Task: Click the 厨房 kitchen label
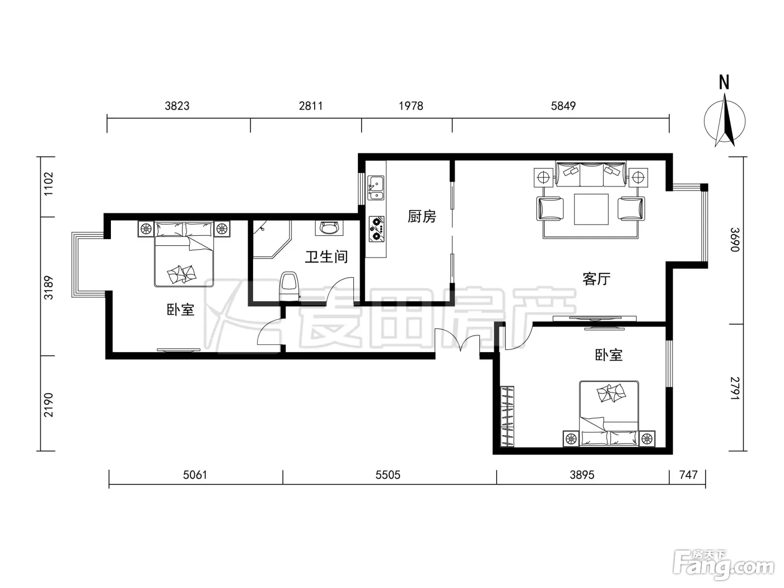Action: [x=422, y=216]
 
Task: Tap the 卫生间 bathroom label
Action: [x=326, y=256]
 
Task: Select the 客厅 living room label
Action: [x=596, y=278]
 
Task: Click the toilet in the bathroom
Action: [x=289, y=286]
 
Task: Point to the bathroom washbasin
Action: [x=329, y=227]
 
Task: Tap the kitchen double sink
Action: [x=376, y=188]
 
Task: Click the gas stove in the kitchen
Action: [x=376, y=229]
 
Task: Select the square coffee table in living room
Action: [x=591, y=209]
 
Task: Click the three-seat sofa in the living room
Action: [x=591, y=174]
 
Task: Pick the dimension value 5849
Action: [x=563, y=106]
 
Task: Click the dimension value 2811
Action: [x=311, y=106]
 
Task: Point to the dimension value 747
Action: [x=688, y=475]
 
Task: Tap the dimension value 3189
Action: [x=48, y=288]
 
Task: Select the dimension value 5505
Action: [x=388, y=475]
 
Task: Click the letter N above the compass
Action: [x=724, y=82]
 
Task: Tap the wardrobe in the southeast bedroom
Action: [x=507, y=416]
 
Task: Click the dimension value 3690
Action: [x=734, y=240]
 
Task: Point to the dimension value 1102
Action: [x=48, y=184]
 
